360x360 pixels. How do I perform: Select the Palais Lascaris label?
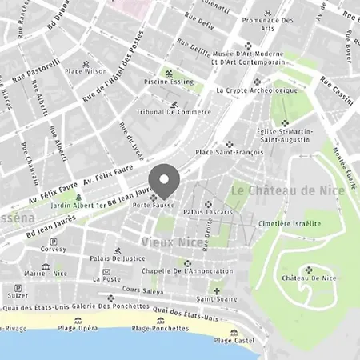point(207,212)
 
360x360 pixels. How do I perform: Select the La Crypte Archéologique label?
point(257,90)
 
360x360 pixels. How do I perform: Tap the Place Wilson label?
point(86,71)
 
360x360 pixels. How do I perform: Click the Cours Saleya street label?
point(142,290)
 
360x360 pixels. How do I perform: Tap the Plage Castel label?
point(233,340)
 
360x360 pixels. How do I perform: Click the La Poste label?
point(106,279)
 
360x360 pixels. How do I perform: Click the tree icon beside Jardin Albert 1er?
point(78,197)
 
